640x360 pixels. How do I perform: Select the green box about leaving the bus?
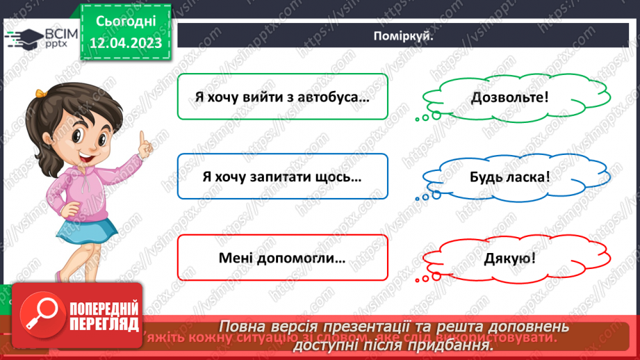click(282, 97)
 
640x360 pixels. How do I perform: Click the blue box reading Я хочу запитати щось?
click(282, 177)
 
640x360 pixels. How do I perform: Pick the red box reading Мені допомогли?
click(282, 259)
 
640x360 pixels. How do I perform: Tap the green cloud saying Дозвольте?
click(509, 97)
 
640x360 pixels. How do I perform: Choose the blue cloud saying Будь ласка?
click(509, 177)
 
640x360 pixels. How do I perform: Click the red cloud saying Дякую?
click(509, 259)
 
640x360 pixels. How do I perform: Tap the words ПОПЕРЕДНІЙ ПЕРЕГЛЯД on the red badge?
click(103, 317)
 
